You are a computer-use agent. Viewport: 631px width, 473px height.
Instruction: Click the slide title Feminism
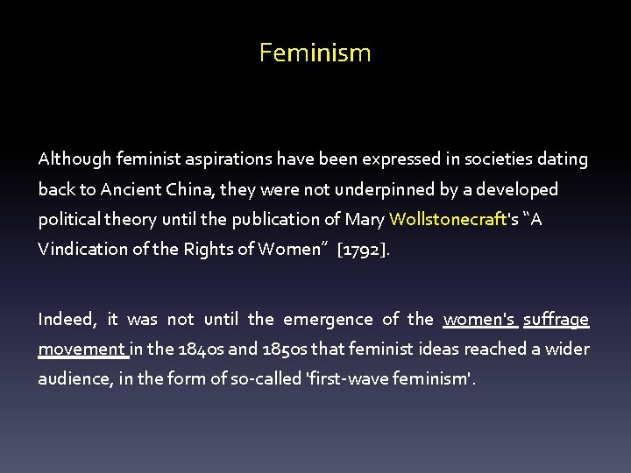(x=315, y=53)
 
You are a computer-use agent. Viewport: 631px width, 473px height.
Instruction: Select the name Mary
(x=365, y=219)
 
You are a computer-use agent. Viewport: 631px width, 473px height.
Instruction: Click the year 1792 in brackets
(x=364, y=249)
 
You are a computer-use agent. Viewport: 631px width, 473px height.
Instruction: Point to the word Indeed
(x=66, y=320)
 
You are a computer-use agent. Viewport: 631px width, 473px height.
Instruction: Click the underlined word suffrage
(x=556, y=320)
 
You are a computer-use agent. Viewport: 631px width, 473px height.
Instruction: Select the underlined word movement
(x=82, y=349)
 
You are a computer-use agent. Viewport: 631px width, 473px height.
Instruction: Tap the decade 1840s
(x=198, y=349)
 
